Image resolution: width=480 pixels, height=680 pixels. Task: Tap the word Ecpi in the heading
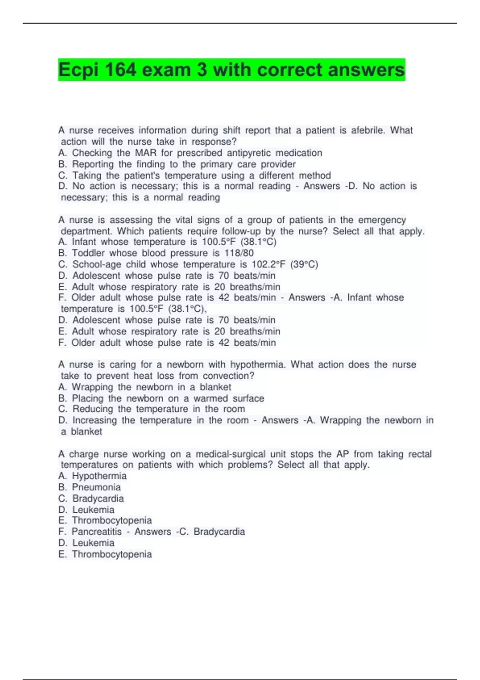coord(78,70)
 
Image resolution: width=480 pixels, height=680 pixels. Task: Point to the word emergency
coord(382,220)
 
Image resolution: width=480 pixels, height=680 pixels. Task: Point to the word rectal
coord(420,454)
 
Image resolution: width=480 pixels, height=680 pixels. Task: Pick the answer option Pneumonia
coord(96,487)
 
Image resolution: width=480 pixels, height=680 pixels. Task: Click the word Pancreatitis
coord(96,532)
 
